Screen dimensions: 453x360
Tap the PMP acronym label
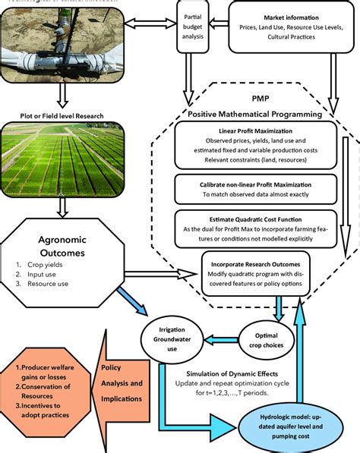(261, 99)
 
